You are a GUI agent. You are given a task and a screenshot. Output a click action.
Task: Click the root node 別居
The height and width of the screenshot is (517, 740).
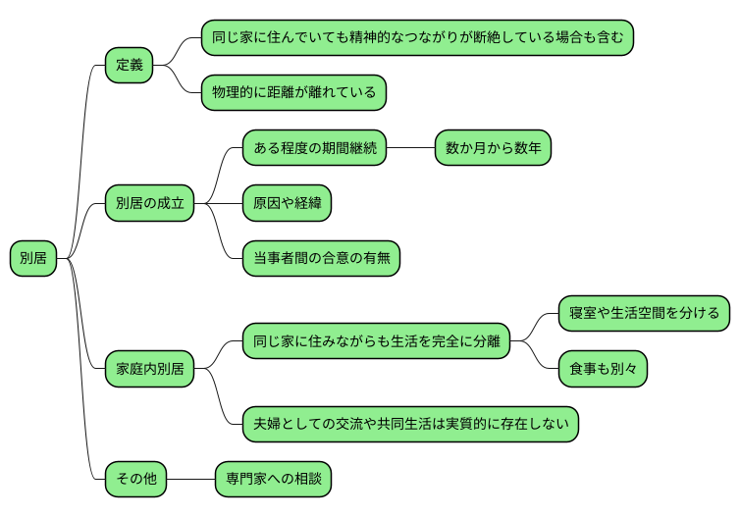coord(32,259)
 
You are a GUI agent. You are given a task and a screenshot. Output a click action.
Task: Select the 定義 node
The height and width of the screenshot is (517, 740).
coord(130,66)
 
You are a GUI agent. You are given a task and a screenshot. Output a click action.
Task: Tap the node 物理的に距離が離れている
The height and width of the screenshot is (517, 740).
coord(293,93)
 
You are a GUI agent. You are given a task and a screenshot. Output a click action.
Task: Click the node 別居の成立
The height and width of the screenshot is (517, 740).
coord(149,204)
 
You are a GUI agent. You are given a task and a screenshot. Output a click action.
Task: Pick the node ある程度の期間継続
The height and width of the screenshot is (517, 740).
coord(314,149)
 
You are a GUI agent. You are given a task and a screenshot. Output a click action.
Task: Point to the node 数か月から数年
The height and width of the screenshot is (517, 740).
coord(493,149)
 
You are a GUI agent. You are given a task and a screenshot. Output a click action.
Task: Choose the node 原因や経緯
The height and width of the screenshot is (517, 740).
coord(287,204)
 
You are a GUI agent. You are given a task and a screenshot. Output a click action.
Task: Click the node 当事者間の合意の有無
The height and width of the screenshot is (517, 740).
coord(320,259)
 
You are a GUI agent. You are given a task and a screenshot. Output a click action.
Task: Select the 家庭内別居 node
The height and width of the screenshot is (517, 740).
coord(149,370)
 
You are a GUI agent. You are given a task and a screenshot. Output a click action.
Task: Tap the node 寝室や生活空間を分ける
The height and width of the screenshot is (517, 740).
coord(644,314)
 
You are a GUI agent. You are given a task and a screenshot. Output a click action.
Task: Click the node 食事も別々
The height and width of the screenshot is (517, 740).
coord(603,370)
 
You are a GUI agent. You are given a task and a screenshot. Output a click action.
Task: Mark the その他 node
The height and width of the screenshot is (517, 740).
coord(136,480)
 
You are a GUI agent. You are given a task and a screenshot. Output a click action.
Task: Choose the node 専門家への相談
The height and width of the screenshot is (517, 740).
coord(274,480)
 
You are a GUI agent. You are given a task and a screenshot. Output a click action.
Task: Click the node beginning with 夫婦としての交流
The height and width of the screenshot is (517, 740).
coord(410,425)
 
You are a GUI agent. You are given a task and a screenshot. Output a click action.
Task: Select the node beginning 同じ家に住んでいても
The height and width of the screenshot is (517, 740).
coord(417,38)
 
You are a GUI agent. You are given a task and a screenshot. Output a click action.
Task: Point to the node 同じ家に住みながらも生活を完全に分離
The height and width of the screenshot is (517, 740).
coord(376,342)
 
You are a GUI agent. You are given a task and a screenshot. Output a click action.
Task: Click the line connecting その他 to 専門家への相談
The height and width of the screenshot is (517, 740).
coord(191,480)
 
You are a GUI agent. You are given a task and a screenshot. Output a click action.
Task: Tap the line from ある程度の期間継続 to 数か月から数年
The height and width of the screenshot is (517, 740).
coord(410,149)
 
